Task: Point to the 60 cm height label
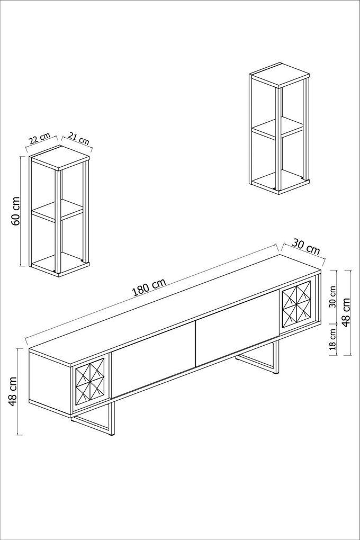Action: (x=16, y=211)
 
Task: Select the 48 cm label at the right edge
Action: (x=347, y=312)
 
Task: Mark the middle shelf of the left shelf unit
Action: (x=57, y=210)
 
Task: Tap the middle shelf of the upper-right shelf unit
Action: (x=277, y=128)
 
